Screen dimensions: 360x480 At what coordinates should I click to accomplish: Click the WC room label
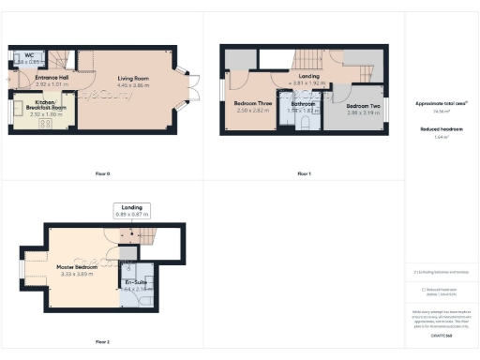(30, 56)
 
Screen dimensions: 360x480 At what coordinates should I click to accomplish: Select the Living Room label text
(134, 79)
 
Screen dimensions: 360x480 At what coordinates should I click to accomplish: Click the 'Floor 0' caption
(103, 173)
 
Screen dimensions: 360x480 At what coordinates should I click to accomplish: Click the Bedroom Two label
(363, 106)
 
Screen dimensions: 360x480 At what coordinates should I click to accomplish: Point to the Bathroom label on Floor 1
(304, 104)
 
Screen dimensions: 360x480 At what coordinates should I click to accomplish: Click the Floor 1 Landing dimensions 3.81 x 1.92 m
(309, 82)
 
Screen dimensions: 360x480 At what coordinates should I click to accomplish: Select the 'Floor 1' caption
(304, 173)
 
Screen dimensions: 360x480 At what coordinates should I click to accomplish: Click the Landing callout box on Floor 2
(131, 210)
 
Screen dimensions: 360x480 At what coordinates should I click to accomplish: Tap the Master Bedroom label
(78, 266)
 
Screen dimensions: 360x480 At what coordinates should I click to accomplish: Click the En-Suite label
(137, 282)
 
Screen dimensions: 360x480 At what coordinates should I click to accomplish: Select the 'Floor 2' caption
(103, 341)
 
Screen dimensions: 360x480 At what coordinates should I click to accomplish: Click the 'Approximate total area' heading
(442, 103)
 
